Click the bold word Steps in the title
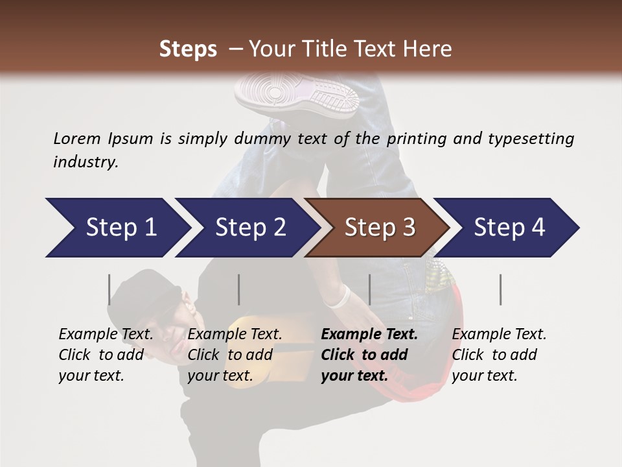[188, 49]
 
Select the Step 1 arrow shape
[117, 228]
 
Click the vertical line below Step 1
[109, 289]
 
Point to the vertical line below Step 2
[239, 289]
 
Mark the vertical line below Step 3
[369, 289]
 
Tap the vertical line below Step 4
[500, 289]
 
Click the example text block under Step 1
[106, 355]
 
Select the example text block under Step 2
[235, 355]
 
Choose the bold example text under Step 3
[369, 355]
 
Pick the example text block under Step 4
[499, 355]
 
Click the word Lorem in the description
[77, 138]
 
